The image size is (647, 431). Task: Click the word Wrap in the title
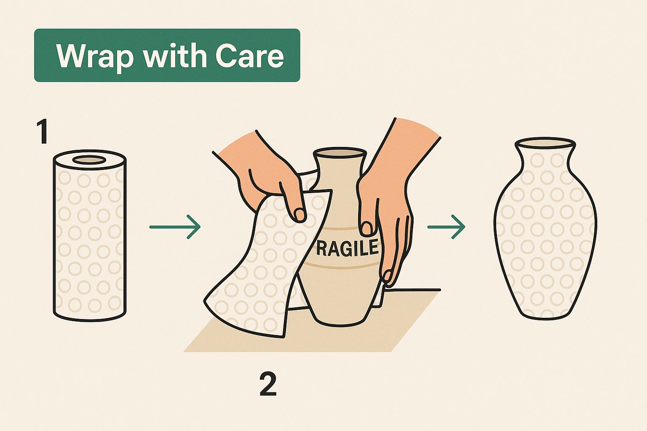tap(95, 56)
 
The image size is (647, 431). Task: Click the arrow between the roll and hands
tap(175, 227)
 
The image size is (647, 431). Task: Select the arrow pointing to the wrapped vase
tap(446, 227)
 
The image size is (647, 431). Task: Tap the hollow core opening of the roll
tap(89, 160)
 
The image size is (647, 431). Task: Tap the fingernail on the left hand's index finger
tap(299, 215)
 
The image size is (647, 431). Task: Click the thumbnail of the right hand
tap(367, 229)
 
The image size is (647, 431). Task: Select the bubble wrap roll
tap(90, 235)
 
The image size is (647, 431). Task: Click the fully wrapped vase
tap(545, 229)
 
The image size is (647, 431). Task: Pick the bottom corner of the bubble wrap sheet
tap(283, 337)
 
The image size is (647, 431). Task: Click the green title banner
tap(167, 55)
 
